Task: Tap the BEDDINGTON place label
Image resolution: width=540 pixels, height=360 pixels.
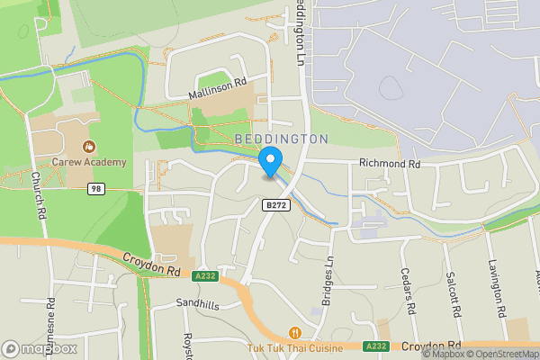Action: click(281, 139)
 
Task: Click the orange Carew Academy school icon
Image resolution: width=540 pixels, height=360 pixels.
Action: click(88, 147)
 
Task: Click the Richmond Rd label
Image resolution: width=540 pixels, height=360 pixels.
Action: click(390, 165)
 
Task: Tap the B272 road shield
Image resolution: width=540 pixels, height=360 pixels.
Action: click(276, 206)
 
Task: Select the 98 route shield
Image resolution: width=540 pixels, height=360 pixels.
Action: click(96, 189)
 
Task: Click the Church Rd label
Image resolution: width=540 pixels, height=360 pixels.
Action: click(38, 196)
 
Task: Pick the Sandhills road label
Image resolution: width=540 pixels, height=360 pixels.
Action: click(197, 305)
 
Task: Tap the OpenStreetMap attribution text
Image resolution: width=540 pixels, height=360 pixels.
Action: click(500, 354)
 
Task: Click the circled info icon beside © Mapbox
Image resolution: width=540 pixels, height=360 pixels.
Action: click(427, 354)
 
